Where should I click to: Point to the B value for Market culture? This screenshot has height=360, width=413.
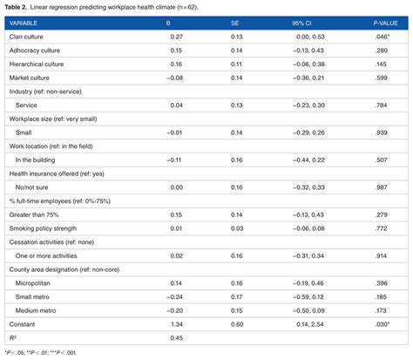173,78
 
